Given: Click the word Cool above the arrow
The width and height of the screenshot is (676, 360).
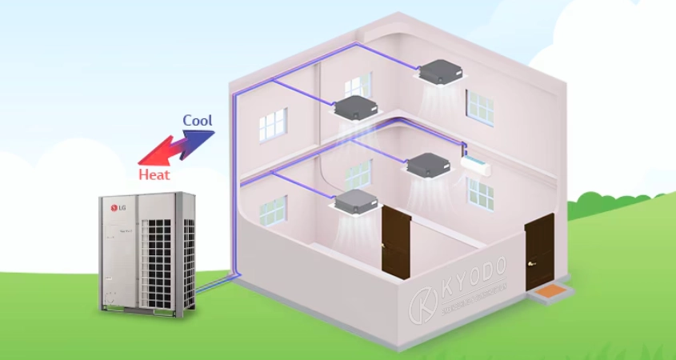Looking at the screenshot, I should (x=198, y=121).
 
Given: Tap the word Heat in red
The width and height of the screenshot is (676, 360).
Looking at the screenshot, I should (x=154, y=174).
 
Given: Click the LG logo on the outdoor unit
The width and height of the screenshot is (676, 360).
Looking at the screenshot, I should (x=118, y=209).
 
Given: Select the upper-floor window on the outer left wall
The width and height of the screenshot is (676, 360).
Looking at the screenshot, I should (x=272, y=124).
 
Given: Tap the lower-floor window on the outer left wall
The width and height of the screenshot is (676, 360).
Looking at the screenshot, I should (x=272, y=210).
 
